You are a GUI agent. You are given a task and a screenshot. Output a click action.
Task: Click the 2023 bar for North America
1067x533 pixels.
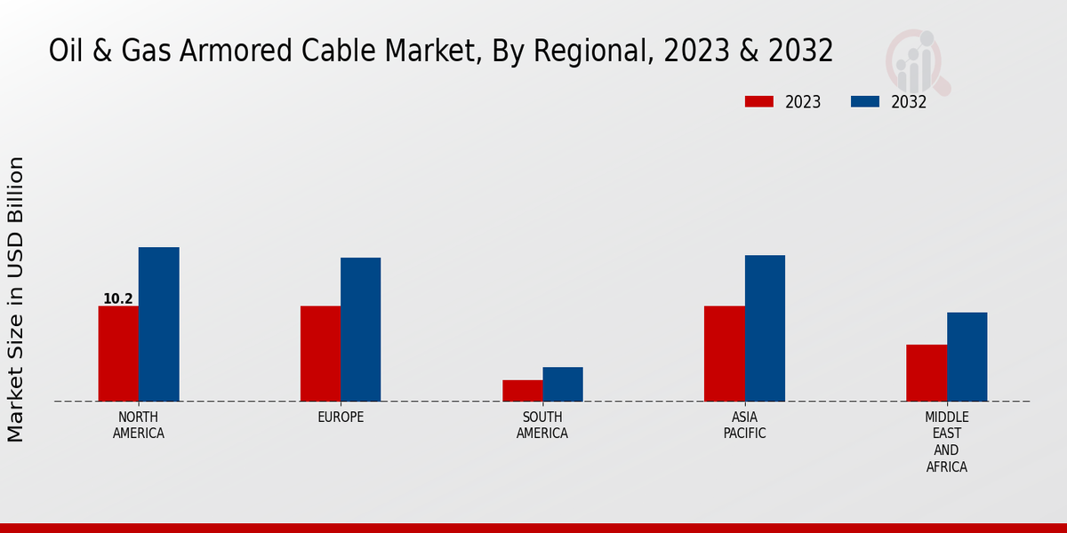118,354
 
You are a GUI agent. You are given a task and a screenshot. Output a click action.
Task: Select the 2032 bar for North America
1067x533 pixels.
158,324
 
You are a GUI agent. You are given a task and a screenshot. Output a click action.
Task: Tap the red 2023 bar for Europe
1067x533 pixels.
320,354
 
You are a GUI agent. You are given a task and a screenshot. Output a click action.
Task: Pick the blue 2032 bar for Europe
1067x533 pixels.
360,330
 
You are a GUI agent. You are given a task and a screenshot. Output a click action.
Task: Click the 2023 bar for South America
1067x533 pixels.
522,391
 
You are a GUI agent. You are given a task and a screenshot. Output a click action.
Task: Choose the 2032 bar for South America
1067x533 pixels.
563,384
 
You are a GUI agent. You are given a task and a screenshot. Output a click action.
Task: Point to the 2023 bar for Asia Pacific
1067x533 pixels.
724,354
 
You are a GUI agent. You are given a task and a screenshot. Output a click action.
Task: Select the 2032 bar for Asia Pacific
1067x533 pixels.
765,328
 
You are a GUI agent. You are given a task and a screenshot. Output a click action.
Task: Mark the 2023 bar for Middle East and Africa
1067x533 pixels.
927,373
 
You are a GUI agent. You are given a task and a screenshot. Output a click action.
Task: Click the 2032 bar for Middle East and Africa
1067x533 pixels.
967,356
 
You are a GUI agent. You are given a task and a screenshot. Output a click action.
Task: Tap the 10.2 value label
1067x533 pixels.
118,299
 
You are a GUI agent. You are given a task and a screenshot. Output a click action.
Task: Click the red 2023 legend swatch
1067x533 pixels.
759,102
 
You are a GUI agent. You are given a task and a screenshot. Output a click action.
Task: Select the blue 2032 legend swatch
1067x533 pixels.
865,102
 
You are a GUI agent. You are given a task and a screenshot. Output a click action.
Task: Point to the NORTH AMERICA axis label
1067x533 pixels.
139,426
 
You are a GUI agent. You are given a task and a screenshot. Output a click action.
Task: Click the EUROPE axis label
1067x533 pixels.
341,418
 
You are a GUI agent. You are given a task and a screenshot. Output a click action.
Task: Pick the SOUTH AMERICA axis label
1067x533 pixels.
542,426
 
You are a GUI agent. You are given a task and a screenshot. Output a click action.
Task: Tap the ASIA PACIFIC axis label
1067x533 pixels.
744,426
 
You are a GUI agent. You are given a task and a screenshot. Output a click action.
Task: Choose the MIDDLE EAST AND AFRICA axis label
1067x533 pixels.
947,442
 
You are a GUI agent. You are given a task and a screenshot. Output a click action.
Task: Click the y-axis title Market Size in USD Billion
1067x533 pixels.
17,299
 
